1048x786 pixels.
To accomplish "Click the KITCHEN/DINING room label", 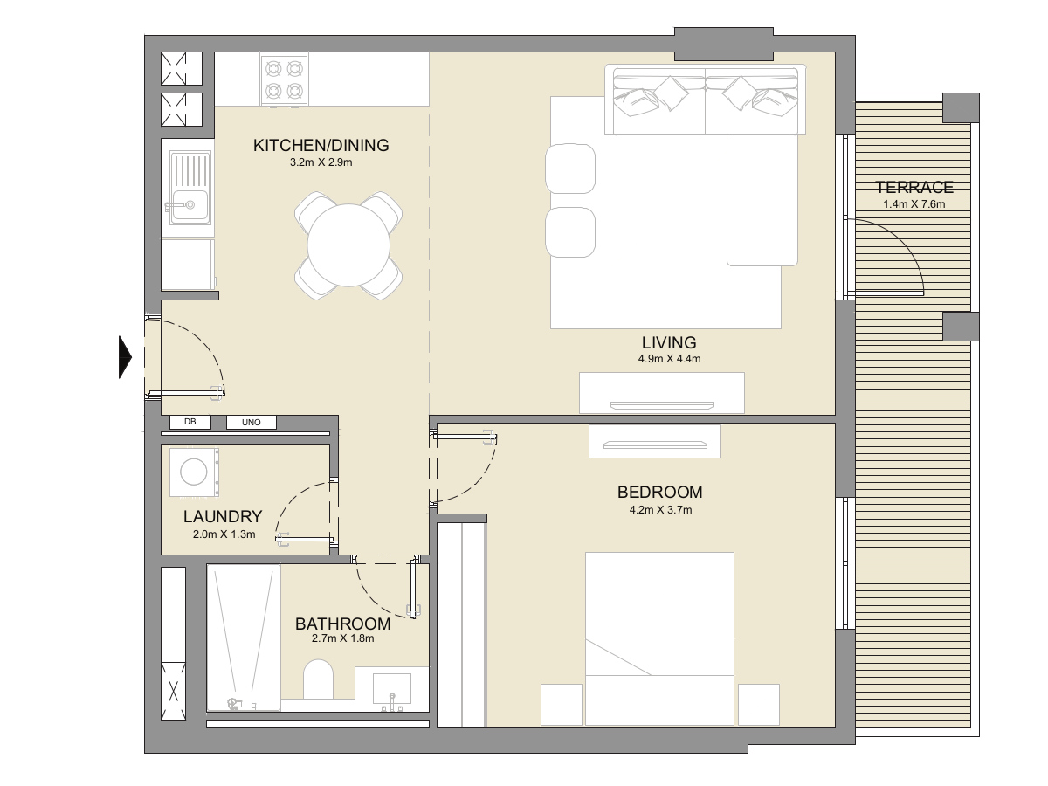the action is (321, 145).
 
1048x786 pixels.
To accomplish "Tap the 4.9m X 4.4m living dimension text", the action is (669, 359).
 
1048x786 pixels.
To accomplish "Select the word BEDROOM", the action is (660, 492).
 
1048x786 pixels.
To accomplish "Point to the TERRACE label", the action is (914, 187).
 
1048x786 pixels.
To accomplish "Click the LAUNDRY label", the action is (223, 516).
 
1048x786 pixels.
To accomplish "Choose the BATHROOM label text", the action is (343, 624).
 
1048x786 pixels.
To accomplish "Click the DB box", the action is (190, 422).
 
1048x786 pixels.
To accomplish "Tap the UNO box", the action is (252, 423).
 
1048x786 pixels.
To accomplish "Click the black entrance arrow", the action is (125, 357).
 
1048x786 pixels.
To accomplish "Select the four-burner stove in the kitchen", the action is (284, 79).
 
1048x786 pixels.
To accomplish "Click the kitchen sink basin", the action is (190, 205).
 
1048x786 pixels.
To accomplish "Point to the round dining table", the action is (348, 245).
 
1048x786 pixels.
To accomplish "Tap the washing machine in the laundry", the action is (194, 472).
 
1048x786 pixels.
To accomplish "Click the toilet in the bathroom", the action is (318, 679).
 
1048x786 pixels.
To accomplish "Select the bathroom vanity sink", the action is (392, 689).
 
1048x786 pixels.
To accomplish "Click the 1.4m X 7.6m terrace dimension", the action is (914, 204).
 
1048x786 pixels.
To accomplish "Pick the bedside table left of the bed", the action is (562, 705).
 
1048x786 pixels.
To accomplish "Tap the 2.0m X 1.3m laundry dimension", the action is (224, 534).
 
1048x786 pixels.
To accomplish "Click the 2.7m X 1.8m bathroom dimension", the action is (343, 638).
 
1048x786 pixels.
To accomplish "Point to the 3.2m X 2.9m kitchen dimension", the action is (321, 162).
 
